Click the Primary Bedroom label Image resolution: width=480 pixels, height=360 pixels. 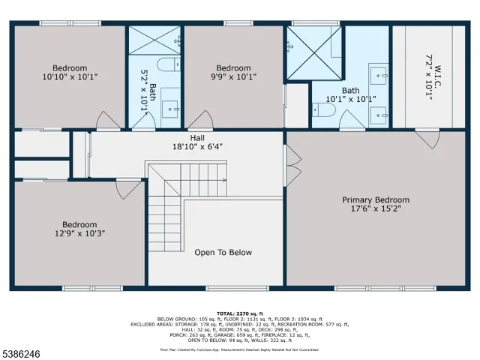pos(376,199)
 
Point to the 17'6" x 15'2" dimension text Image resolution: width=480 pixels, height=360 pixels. pos(376,209)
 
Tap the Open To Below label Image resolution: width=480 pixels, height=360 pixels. pos(223,253)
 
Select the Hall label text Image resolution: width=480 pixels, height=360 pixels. pos(197,138)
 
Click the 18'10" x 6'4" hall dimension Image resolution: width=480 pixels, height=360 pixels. pos(197,147)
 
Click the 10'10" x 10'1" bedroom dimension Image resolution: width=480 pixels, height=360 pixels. pos(70,76)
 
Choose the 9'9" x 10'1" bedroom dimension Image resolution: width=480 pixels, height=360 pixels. pos(233,76)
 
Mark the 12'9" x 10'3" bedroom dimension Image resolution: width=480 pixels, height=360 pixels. pos(79,234)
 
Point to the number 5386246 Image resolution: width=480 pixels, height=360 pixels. pos(23,350)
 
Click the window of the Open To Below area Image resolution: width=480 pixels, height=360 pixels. pos(227,289)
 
